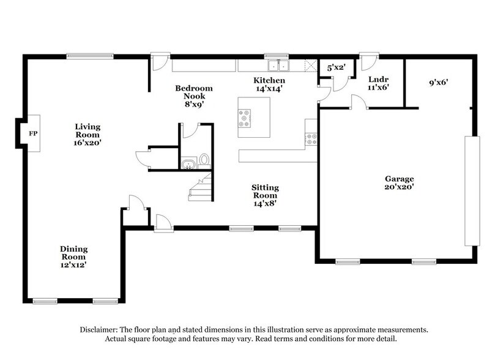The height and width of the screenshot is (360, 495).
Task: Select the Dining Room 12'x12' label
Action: [73, 257]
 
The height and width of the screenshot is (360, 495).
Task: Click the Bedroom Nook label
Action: [190, 96]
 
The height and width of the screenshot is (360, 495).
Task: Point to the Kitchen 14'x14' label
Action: [269, 84]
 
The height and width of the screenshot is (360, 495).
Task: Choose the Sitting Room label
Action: [265, 195]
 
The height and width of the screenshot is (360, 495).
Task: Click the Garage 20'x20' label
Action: [399, 183]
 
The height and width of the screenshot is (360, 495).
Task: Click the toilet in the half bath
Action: [204, 160]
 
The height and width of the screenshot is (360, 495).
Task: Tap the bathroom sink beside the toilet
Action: [188, 163]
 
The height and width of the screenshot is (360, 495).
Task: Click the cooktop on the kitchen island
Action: [245, 118]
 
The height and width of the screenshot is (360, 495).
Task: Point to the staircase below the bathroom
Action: [200, 187]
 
